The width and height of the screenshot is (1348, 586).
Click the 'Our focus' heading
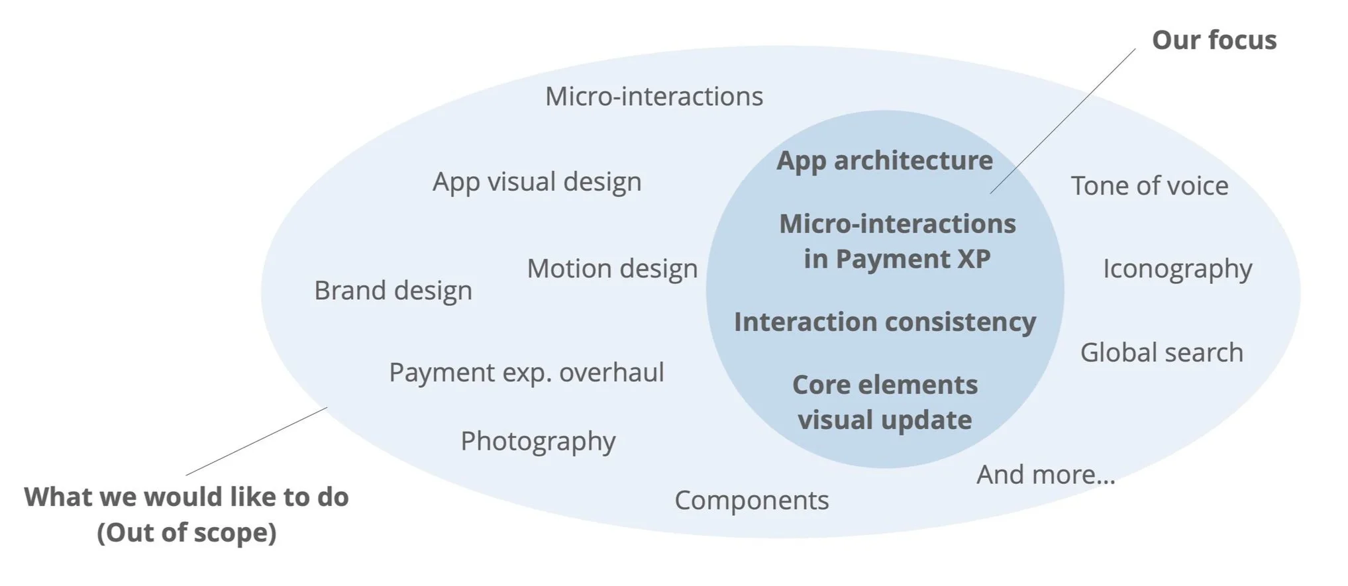point(1214,40)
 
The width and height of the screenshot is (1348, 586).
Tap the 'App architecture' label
point(884,161)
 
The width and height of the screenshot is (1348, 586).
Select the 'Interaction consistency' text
point(884,322)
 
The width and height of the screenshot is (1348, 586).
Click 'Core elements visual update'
point(884,402)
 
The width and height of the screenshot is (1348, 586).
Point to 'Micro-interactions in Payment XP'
point(897,241)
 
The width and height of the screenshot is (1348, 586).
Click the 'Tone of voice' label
point(1149,186)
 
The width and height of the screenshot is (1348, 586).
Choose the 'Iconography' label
point(1177,269)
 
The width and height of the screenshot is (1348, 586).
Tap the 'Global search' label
point(1161,353)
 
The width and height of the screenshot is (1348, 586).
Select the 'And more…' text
point(1045,475)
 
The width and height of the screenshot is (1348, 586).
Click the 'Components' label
point(751,501)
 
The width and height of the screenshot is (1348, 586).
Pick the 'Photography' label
point(538,441)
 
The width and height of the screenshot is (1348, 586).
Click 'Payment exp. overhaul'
point(526,373)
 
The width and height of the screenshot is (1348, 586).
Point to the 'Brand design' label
point(393,291)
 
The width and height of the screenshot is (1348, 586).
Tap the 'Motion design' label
point(612,269)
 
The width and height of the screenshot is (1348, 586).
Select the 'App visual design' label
point(537,182)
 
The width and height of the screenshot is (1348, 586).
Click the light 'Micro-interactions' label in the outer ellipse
point(654,97)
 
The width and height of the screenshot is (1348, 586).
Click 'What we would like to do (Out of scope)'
point(186,514)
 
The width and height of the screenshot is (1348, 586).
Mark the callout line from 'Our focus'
point(1063,121)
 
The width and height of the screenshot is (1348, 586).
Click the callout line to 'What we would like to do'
point(256,442)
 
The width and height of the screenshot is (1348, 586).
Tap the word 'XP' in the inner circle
point(973,259)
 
